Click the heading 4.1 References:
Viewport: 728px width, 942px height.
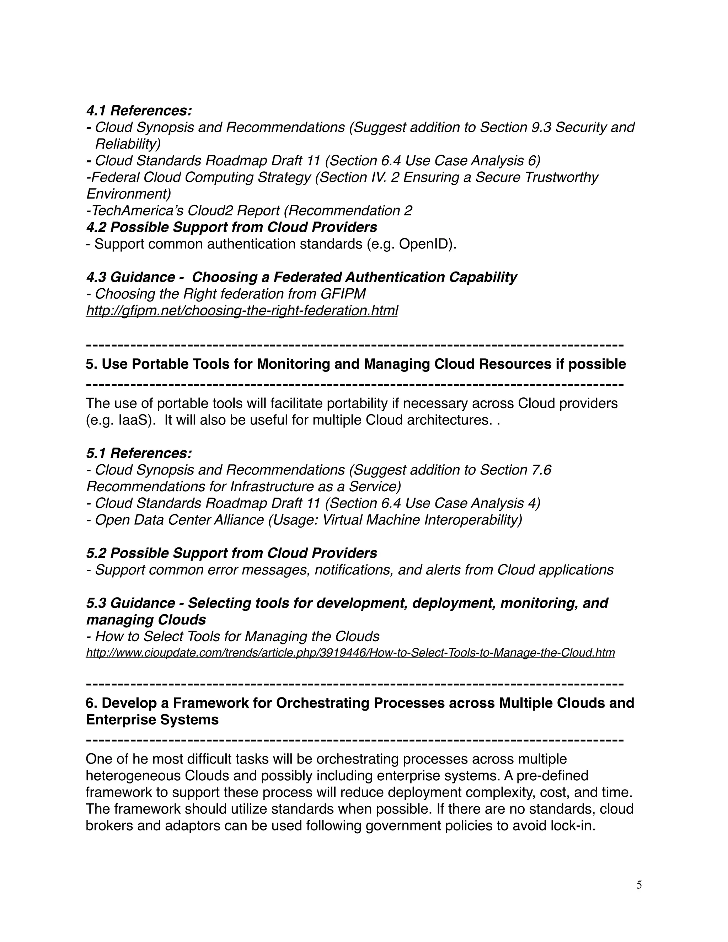click(x=139, y=111)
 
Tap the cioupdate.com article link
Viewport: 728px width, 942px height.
click(x=350, y=653)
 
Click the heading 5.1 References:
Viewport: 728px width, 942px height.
click(x=139, y=453)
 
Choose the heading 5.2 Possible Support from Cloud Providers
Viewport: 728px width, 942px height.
click(x=232, y=553)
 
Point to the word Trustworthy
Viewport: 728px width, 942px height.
click(x=561, y=178)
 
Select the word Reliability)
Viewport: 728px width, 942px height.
click(x=128, y=144)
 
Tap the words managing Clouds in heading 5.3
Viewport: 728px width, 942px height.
click(x=146, y=620)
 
